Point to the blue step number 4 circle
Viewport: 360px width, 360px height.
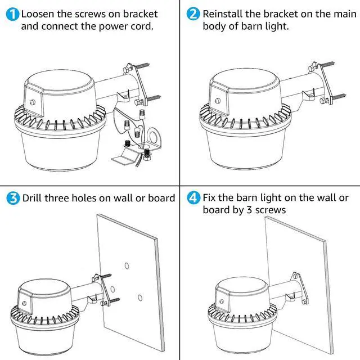(194, 198)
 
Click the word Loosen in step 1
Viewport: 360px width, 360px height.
(39, 13)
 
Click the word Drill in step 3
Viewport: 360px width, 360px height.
(33, 198)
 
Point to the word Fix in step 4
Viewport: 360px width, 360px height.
(211, 198)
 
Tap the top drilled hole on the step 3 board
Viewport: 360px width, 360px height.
(128, 264)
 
